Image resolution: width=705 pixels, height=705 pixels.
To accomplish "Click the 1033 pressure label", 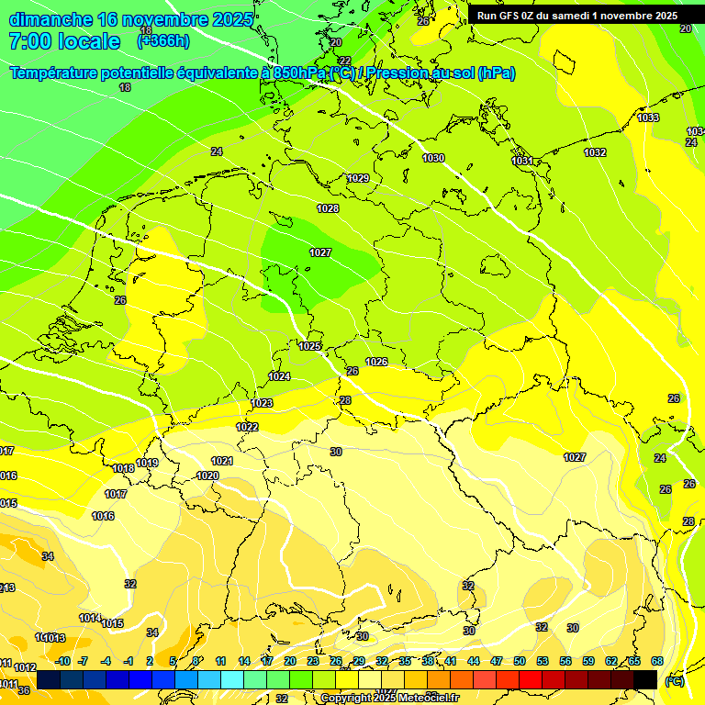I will pos(648,117).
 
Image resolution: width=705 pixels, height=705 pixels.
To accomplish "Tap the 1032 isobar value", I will pos(595,152).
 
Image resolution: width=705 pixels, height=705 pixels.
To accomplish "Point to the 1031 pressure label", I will pos(522,161).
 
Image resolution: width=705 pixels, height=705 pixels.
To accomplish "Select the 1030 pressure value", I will pos(433,159).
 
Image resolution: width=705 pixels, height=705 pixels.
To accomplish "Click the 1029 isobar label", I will pos(358,178).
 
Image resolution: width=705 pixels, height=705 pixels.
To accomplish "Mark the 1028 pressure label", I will pos(328,208).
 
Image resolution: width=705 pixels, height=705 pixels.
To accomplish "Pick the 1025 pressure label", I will pos(310,346).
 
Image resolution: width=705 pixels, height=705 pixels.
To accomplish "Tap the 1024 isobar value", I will pos(280,376).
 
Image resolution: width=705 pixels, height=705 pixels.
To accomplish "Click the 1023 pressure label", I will pos(262,403).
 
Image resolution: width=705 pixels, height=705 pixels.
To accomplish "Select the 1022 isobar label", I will pos(247,427).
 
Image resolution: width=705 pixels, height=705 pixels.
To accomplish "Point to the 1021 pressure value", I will pos(222,461).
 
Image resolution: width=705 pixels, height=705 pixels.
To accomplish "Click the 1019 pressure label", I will pos(148,463).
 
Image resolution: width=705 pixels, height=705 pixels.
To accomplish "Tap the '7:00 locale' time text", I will pos(64,41).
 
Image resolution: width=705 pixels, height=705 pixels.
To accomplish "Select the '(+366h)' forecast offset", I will pos(163,41).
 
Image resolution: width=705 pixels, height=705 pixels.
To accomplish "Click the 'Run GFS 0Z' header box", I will pos(577,16).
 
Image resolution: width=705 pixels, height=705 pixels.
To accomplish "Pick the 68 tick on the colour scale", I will pos(657,661).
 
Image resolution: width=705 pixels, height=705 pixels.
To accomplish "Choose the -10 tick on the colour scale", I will pos(63,661).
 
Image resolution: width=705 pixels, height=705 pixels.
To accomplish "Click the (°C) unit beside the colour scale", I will pos(675,680).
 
